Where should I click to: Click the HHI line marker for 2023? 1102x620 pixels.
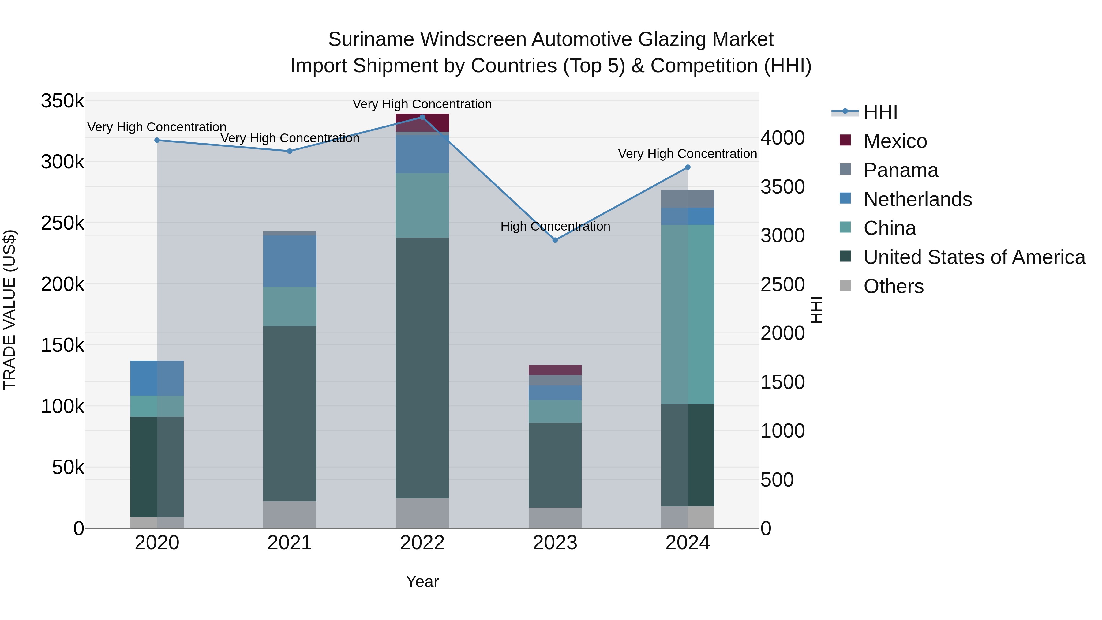coord(555,240)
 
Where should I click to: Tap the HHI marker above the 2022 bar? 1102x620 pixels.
coord(422,117)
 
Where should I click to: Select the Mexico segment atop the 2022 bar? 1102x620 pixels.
coord(422,123)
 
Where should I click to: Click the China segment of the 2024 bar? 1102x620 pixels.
coord(688,314)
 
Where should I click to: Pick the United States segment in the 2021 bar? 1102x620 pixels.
coord(290,413)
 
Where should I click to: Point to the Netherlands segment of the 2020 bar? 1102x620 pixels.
coord(157,378)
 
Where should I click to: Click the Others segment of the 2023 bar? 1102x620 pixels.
coord(555,518)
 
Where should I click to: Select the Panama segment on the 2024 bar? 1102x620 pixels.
coord(688,198)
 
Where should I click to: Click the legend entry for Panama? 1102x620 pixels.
coord(901,170)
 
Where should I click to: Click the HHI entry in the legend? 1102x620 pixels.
coord(880,112)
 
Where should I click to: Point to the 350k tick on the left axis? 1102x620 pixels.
coord(62,101)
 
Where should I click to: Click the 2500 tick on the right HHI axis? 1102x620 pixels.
coord(782,284)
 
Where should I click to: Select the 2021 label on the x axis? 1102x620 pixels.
coord(290,543)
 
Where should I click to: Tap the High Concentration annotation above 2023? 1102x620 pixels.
coord(555,226)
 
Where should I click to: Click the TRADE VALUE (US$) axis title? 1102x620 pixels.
coord(9,310)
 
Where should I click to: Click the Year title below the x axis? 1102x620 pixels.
coord(422,581)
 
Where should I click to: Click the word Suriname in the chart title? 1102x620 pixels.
coord(371,39)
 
